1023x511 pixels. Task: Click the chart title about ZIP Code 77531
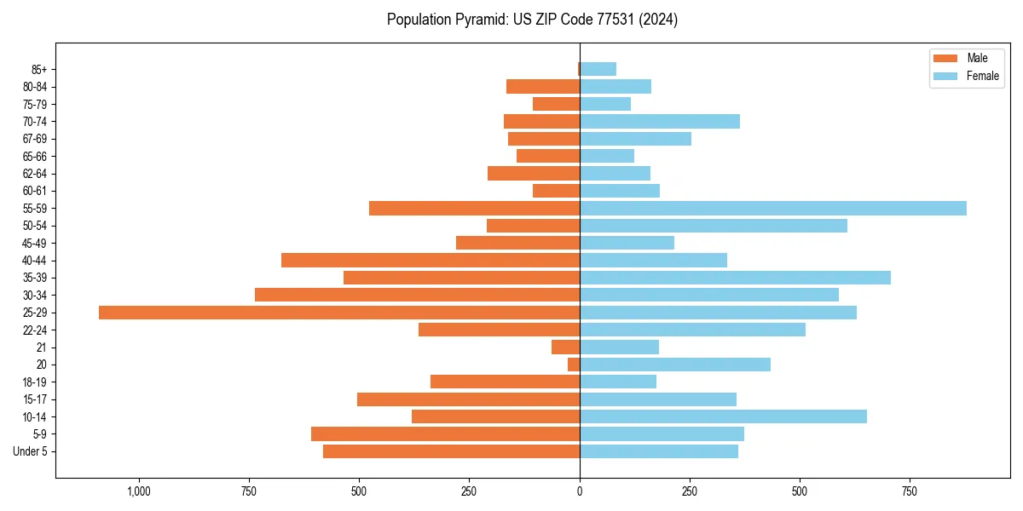tap(532, 20)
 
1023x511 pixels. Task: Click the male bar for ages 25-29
tap(339, 313)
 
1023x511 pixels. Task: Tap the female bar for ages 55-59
tap(773, 209)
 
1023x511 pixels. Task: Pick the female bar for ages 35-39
tap(735, 278)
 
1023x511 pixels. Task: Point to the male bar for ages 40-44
tap(431, 261)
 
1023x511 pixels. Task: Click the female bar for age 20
tap(675, 365)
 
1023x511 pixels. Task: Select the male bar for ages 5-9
tap(445, 433)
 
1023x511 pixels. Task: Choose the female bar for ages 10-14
tap(723, 416)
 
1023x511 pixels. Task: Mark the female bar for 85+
tap(598, 69)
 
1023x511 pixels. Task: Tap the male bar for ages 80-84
tap(543, 87)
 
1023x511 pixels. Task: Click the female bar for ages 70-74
tap(660, 122)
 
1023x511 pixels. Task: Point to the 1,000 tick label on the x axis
tap(139, 491)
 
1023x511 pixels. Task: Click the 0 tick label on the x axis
tap(580, 491)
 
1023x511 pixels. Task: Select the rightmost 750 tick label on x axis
tap(910, 491)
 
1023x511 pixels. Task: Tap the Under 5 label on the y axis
tap(30, 451)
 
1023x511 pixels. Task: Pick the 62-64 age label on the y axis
tap(34, 174)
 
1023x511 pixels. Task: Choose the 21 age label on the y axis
tap(41, 347)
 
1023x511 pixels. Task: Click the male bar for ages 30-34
tap(417, 295)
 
